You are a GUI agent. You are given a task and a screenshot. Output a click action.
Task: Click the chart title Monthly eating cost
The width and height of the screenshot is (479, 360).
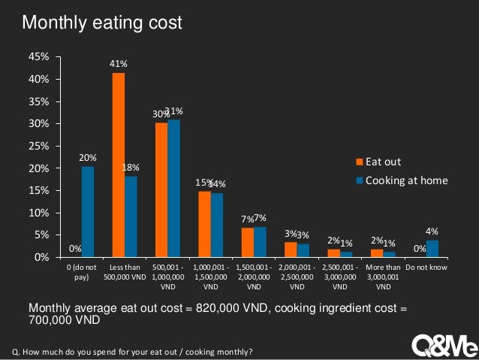pos(102,23)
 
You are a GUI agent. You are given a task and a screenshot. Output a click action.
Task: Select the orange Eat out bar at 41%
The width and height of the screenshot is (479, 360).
pos(118,165)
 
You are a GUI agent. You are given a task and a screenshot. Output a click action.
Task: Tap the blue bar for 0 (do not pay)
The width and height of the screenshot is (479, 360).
pos(88,212)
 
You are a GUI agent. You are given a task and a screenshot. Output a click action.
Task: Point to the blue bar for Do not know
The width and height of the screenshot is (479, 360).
pos(432,249)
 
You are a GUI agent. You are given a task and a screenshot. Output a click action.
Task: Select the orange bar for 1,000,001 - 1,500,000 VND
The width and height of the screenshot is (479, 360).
pos(204,224)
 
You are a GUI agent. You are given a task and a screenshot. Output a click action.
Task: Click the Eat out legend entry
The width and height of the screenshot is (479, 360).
pos(381,162)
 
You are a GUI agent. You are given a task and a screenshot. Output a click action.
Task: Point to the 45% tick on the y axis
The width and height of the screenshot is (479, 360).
pos(40,57)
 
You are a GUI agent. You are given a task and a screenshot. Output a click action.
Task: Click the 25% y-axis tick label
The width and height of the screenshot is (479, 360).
pos(40,146)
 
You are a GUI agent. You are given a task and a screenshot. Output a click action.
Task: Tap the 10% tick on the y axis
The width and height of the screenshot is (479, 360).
pos(40,213)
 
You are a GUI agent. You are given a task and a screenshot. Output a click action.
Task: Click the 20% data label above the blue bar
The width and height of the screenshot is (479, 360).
pos(88,158)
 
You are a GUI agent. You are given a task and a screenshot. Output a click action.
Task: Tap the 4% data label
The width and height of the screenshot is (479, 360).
pos(432,231)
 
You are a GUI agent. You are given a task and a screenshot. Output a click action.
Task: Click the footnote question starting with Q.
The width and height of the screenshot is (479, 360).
pos(133,352)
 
